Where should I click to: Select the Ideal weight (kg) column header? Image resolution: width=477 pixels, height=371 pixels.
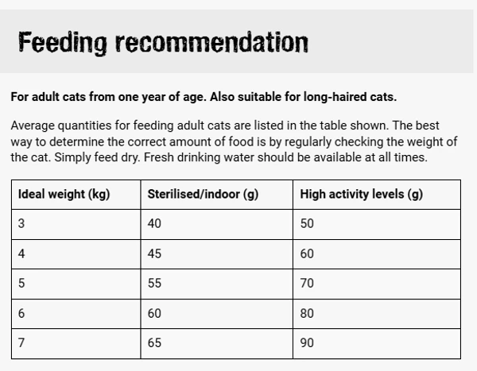pyautogui.click(x=64, y=195)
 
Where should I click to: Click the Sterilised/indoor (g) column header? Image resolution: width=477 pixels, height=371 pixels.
pyautogui.click(x=203, y=195)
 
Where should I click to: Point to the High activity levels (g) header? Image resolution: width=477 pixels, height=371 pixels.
pyautogui.click(x=361, y=195)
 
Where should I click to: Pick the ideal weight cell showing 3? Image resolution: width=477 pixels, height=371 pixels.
pyautogui.click(x=21, y=224)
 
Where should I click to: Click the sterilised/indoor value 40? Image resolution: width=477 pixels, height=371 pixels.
pyautogui.click(x=154, y=224)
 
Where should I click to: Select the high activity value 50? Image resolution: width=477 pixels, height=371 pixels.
pyautogui.click(x=307, y=224)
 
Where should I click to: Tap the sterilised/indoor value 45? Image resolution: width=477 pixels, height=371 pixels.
pyautogui.click(x=154, y=254)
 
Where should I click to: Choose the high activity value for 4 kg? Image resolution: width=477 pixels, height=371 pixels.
pyautogui.click(x=307, y=254)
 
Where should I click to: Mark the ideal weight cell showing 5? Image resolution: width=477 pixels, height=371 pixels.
pyautogui.click(x=21, y=284)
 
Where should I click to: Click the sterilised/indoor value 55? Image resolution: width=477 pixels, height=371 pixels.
pyautogui.click(x=154, y=284)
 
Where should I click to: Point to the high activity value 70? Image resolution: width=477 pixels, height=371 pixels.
pyautogui.click(x=307, y=284)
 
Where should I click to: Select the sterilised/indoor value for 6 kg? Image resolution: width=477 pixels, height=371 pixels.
pyautogui.click(x=154, y=314)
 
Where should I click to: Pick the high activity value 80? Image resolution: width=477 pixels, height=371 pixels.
pyautogui.click(x=307, y=314)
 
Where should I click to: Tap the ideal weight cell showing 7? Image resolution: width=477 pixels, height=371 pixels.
pyautogui.click(x=21, y=343)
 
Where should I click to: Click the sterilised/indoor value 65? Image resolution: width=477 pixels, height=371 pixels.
pyautogui.click(x=154, y=343)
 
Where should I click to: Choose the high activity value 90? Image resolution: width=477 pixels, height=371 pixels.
pyautogui.click(x=307, y=343)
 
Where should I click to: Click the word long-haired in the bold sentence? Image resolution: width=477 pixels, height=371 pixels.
pyautogui.click(x=337, y=97)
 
